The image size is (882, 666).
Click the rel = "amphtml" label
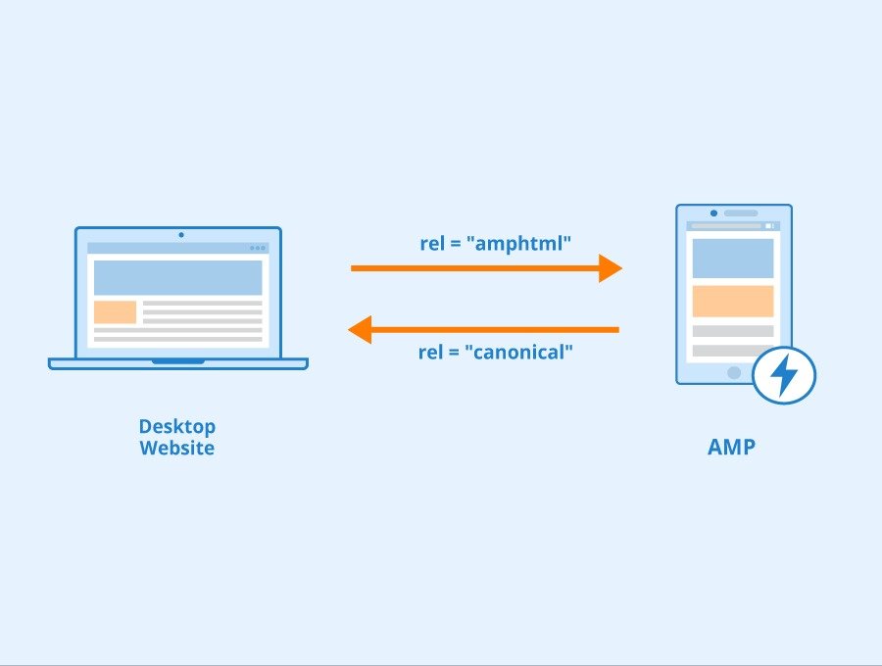495,244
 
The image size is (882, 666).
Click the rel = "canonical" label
495,352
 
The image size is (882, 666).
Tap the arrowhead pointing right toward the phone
610,267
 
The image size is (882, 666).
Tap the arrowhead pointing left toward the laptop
361,330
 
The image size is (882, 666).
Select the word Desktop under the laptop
176,427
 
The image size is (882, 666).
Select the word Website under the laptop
176,449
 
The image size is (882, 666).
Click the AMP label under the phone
732,448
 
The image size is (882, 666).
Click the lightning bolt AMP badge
784,376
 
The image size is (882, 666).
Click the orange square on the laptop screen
115,312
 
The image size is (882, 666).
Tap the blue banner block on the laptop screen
177,277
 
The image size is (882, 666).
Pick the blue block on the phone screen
732,258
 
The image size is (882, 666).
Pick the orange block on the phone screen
732,301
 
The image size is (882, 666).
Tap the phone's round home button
733,372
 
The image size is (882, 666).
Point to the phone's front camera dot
713,213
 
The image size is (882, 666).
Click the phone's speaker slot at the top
741,213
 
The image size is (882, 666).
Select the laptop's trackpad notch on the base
178,361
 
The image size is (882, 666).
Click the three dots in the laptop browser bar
258,248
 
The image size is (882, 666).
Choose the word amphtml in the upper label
522,244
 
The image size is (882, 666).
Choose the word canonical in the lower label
520,352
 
